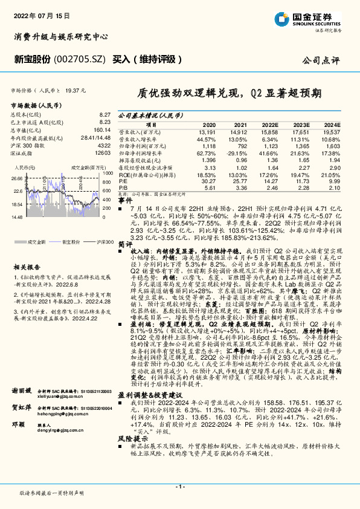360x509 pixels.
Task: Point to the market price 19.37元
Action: [x=75, y=89]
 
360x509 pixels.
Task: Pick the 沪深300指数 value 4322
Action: [x=104, y=145]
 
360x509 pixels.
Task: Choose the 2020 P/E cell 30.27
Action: [x=207, y=181]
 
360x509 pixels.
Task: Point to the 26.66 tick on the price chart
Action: [x=17, y=178]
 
